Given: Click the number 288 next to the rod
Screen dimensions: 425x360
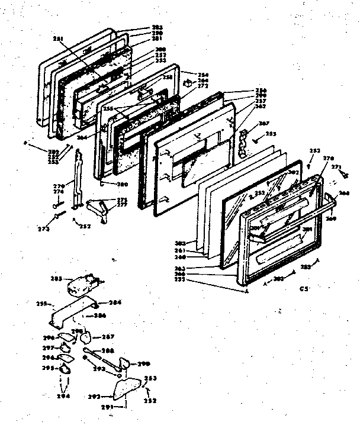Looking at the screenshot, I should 107,350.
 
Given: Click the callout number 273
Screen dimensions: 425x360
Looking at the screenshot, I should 44,227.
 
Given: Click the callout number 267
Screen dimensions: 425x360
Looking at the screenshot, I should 247,123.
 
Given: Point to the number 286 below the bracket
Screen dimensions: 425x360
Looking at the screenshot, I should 99,315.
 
